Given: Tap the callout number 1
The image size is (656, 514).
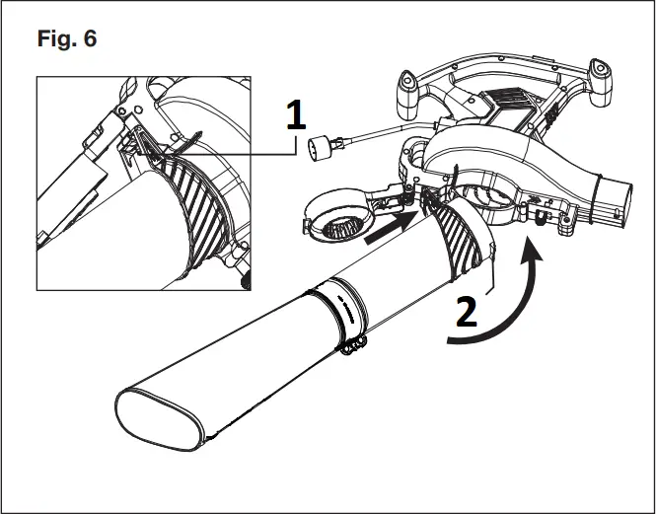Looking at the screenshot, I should point(293,114).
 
